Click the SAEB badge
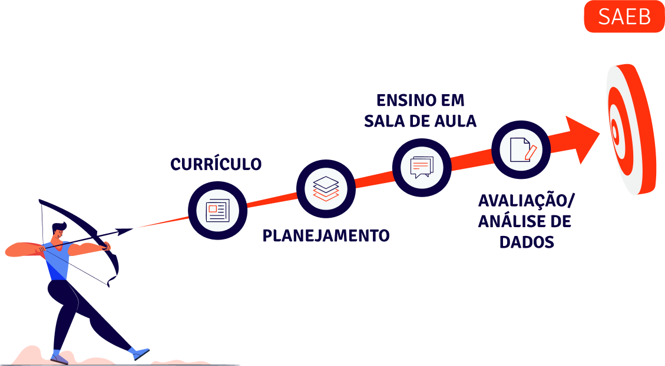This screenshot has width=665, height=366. [x=624, y=16]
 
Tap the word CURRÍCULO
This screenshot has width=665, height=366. [x=216, y=164]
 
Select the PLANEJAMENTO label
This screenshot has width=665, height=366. [x=326, y=236]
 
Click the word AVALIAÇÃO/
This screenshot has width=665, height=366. [x=526, y=201]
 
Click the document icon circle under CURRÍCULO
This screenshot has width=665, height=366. [x=217, y=210]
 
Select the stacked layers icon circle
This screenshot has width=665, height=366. [x=326, y=188]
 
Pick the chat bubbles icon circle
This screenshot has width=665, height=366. [x=421, y=167]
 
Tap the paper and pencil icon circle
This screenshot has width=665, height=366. [x=521, y=149]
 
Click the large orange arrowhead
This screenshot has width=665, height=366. [x=582, y=139]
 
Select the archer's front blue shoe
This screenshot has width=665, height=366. [x=141, y=353]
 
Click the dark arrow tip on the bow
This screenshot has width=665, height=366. [x=127, y=230]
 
